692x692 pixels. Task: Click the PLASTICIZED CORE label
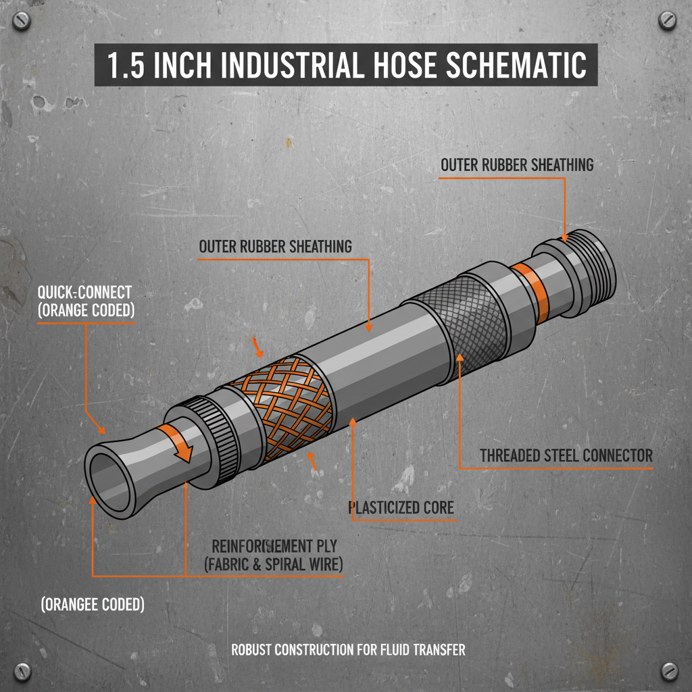point(401,507)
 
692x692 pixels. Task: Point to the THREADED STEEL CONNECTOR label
point(566,455)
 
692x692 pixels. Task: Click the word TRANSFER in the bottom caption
point(435,650)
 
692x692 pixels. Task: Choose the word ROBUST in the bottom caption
point(253,650)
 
